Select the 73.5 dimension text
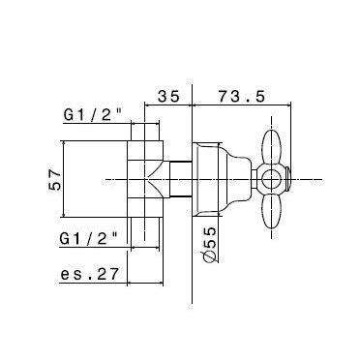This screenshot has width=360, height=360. (241, 96)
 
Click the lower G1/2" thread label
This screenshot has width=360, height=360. (88, 237)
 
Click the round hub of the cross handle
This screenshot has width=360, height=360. (274, 179)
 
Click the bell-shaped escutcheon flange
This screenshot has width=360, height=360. (213, 179)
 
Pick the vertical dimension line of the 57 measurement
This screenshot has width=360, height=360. (71, 180)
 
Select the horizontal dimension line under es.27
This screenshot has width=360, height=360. (97, 285)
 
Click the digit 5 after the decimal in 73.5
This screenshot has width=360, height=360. (260, 96)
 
